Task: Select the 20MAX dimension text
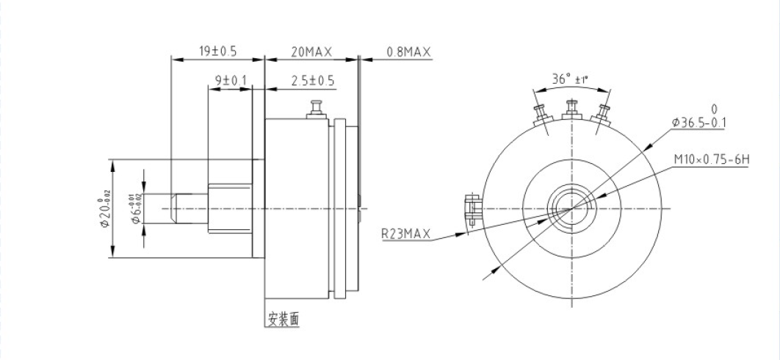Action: click(x=311, y=52)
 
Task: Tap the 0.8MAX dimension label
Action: click(x=408, y=52)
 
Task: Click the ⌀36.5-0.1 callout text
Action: click(x=698, y=122)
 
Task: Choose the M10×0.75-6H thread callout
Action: click(x=709, y=159)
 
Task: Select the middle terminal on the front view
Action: click(x=571, y=110)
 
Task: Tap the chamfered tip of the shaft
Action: click(x=174, y=209)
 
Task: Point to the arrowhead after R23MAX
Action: click(x=466, y=234)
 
